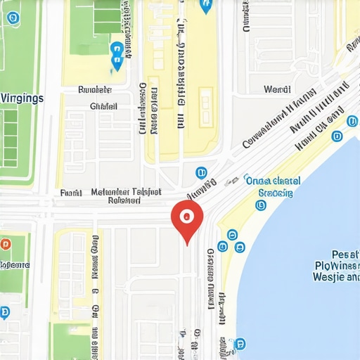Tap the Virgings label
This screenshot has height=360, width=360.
click(x=21, y=98)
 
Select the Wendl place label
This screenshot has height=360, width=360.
click(x=276, y=90)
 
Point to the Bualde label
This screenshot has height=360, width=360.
click(x=95, y=90)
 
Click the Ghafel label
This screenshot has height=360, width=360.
click(x=103, y=106)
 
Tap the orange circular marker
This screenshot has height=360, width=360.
click(x=6, y=245)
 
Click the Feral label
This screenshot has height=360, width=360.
click(x=71, y=192)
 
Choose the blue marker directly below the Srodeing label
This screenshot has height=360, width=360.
click(x=262, y=205)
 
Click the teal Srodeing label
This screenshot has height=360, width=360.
click(x=275, y=192)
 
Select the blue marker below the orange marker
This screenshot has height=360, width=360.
click(x=5, y=312)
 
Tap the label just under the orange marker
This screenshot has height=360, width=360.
click(x=15, y=265)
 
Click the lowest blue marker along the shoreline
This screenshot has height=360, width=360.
click(x=240, y=343)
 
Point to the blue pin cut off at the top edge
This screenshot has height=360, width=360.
click(x=205, y=6)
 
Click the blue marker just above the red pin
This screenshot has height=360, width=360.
click(x=201, y=172)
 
